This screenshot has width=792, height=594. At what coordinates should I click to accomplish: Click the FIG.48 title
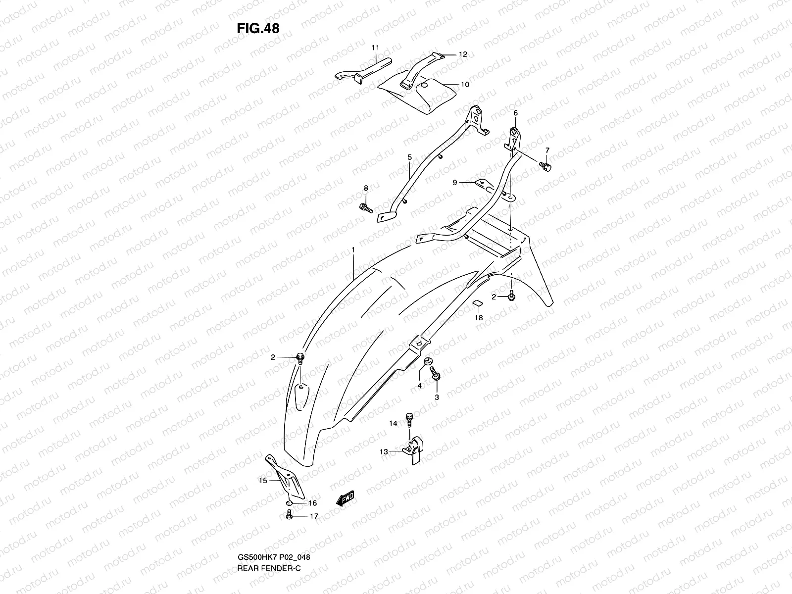pos(258,29)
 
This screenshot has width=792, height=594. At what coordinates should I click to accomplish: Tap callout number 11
pos(375,48)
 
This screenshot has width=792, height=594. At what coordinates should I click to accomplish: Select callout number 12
pos(463,54)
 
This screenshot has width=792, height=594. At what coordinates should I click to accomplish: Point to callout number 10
pos(465,85)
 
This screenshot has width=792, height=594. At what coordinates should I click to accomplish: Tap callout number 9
pos(454,183)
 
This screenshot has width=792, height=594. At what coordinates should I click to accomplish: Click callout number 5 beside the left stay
pos(410,157)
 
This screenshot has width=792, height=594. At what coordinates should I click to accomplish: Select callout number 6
pos(515,113)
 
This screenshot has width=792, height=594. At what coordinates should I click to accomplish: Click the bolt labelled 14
pos(409,418)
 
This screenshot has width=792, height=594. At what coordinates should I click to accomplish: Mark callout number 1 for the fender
pos(353,251)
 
